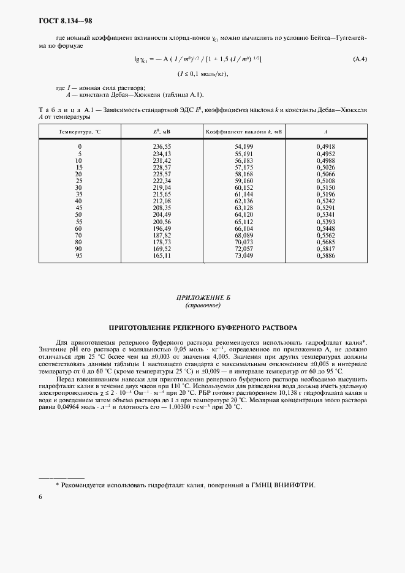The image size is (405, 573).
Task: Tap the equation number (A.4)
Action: (360, 59)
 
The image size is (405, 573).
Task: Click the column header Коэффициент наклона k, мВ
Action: (243, 132)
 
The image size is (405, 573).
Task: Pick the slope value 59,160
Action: (243, 181)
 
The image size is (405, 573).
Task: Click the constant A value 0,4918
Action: (325, 147)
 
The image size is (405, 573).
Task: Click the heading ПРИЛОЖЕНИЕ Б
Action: (202, 297)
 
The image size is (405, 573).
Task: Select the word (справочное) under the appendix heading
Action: (202, 305)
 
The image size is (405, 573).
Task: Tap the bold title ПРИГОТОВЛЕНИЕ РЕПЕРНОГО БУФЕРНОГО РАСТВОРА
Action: (202, 328)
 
